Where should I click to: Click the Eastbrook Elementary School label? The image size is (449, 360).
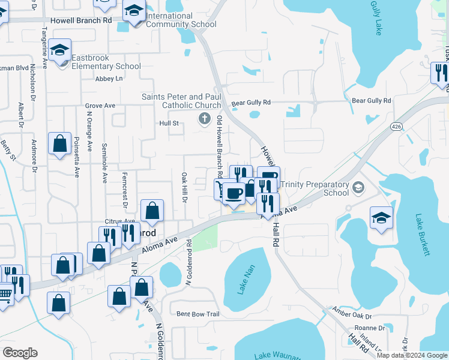(x=106, y=62)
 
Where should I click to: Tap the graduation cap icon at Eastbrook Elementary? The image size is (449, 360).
(x=61, y=50)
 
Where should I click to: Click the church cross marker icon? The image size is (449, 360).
(x=204, y=119)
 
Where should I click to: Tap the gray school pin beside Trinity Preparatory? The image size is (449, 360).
(x=358, y=188)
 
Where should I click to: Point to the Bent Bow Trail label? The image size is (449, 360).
(x=198, y=314)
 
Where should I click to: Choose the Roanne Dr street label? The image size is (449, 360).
(x=370, y=328)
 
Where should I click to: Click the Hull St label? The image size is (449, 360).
(x=169, y=123)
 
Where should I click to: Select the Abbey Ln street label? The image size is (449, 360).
(x=109, y=79)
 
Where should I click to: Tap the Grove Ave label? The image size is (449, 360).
(x=100, y=106)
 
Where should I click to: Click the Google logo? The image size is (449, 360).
(x=20, y=353)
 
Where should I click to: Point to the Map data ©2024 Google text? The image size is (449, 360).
(x=412, y=355)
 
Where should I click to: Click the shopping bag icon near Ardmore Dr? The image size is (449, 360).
(x=59, y=144)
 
